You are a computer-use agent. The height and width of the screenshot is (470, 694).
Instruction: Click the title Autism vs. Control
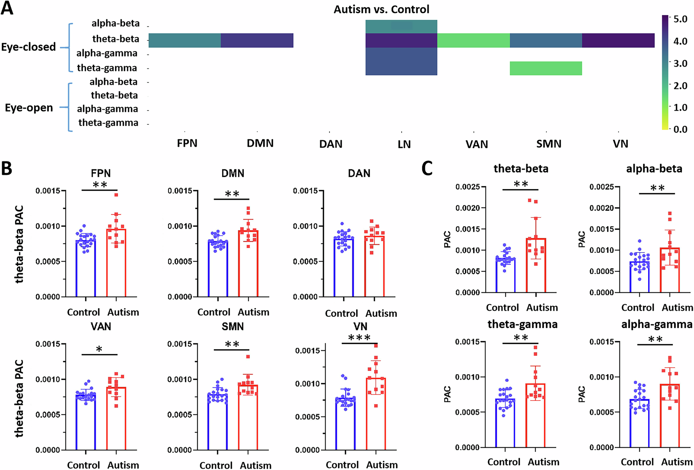[x=381, y=9]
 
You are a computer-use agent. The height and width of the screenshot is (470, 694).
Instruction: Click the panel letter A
[x=7, y=8]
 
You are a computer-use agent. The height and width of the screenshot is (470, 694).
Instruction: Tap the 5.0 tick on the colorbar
[x=680, y=19]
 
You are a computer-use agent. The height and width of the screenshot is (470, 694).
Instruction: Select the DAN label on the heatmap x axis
[x=331, y=144]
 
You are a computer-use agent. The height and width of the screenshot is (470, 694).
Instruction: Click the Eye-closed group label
[x=28, y=47]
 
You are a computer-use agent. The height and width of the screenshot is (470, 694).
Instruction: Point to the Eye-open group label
[x=29, y=108]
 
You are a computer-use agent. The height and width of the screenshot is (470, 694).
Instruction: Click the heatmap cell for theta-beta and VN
[x=618, y=40]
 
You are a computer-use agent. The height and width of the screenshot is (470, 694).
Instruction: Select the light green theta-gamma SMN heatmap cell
[x=545, y=68]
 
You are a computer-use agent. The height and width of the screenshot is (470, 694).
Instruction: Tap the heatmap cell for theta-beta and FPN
[x=185, y=40]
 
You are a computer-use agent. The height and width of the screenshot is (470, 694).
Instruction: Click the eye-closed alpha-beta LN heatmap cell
[x=401, y=26]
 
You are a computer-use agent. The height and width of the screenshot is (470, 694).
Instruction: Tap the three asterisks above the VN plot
[x=359, y=338]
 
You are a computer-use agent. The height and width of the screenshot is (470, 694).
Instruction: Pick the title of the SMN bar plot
[x=232, y=327]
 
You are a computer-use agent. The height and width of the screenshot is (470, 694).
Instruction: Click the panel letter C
[x=427, y=168]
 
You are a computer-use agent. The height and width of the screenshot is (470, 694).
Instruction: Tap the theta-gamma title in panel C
[x=522, y=324]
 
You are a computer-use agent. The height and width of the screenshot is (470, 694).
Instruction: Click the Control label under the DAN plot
[x=341, y=313]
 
